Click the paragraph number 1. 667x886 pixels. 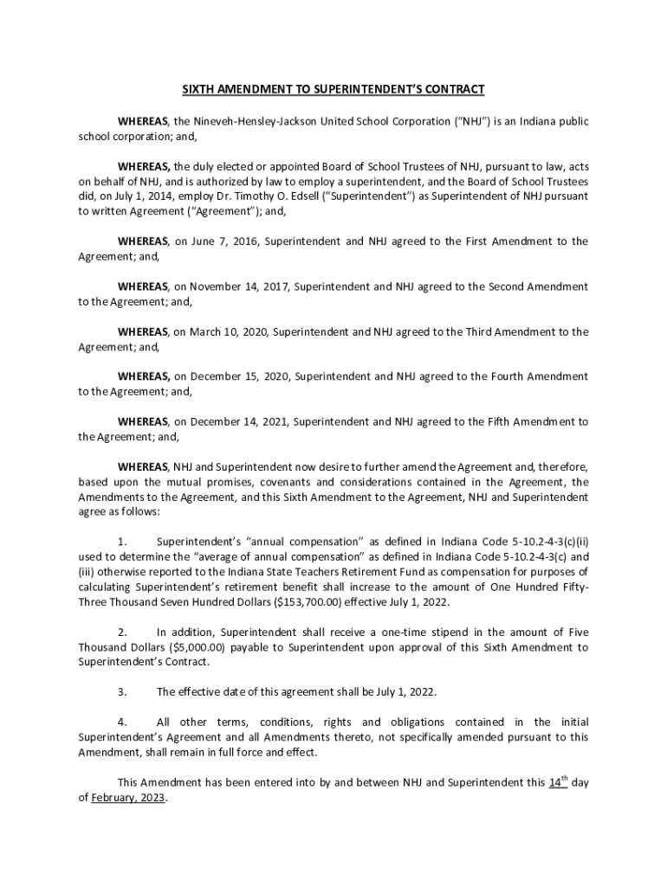tap(123, 542)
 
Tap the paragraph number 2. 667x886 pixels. tap(123, 632)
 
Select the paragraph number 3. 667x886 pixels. tap(123, 692)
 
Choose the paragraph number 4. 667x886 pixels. tap(123, 722)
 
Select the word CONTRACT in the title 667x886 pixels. tap(453, 89)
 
